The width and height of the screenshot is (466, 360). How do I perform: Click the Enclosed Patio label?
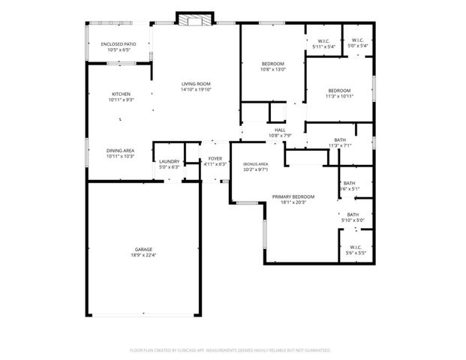click(120, 44)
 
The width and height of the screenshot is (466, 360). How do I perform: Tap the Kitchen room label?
click(121, 94)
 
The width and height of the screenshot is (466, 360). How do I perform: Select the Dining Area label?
click(120, 150)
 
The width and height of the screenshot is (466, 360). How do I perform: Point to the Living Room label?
click(196, 83)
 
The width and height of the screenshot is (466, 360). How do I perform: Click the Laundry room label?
click(169, 160)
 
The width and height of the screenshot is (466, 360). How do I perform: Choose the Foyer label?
click(215, 159)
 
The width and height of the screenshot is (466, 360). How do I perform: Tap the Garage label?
click(143, 249)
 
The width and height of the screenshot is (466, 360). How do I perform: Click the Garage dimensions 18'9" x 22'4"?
click(143, 255)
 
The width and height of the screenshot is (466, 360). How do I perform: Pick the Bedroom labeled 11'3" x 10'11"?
click(339, 90)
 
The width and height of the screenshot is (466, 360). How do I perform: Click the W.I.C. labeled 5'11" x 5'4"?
click(324, 40)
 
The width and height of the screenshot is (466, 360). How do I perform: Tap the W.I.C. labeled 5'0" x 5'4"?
click(356, 40)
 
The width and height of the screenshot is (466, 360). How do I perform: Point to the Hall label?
click(280, 130)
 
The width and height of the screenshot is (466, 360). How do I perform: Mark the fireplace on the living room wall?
click(196, 19)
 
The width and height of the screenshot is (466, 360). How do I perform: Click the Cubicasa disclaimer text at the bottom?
click(230, 349)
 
